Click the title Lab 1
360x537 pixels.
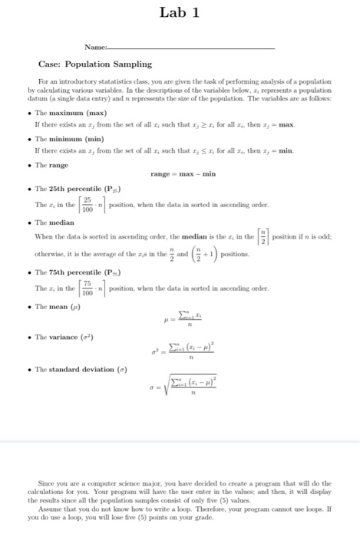(x=179, y=12)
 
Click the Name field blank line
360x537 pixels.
(x=192, y=48)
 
